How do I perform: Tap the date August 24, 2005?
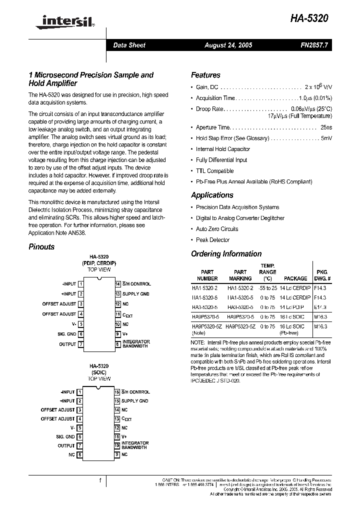228,45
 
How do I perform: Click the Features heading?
205,75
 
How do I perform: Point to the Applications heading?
212,195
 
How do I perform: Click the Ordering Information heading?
226,253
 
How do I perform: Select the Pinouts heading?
41,246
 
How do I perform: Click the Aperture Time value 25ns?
326,127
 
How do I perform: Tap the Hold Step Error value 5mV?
326,138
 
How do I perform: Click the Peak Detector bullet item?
212,239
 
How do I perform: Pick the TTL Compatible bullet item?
214,171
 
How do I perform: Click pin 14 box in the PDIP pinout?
117,284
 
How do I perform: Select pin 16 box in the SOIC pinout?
117,392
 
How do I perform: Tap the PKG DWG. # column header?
322,275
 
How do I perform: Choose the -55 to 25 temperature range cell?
267,288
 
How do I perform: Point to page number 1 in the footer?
100,480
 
